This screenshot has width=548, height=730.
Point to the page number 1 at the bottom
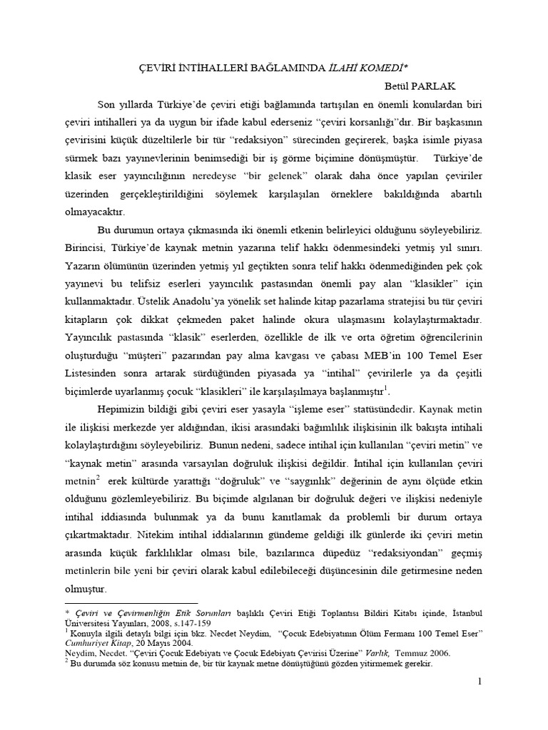pos(480,682)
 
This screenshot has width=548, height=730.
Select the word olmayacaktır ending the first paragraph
pos(95,212)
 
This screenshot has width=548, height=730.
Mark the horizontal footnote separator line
pos(121,603)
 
